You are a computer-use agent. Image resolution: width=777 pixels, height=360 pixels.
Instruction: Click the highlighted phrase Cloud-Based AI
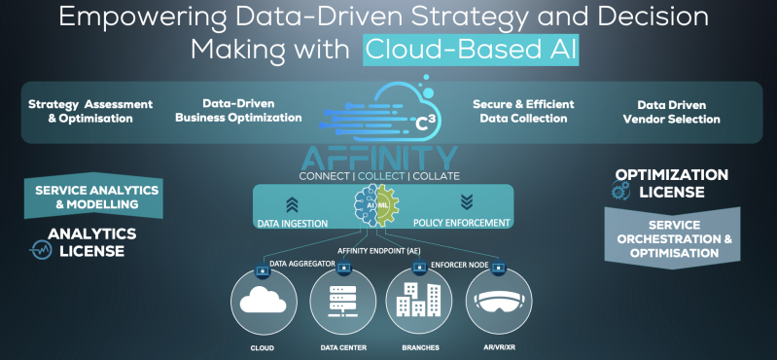click(x=472, y=50)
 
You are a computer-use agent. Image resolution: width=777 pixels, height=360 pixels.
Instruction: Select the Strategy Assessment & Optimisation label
click(x=90, y=112)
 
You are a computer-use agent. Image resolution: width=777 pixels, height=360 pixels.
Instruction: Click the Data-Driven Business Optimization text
click(x=238, y=111)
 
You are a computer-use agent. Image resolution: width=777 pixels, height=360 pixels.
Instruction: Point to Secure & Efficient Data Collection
click(x=523, y=111)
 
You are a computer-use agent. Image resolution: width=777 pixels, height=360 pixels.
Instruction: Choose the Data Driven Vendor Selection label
click(x=671, y=112)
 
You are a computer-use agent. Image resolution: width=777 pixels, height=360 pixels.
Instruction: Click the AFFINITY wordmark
click(x=379, y=158)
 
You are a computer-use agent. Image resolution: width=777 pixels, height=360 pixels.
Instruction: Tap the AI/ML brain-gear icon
click(x=376, y=204)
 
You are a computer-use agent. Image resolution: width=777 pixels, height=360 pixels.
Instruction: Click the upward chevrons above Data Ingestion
click(x=292, y=203)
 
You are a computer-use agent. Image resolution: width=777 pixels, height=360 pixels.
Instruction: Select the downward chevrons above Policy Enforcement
click(x=467, y=201)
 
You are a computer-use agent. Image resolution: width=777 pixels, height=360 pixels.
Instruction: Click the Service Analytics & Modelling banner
click(x=93, y=197)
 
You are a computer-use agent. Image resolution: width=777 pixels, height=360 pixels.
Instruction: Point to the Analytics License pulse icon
click(x=41, y=249)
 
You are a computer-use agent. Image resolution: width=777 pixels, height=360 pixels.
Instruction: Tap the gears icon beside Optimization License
click(x=620, y=190)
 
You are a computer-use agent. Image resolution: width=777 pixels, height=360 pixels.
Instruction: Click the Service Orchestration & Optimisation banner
click(x=672, y=238)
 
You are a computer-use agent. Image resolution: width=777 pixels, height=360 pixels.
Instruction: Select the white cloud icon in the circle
click(x=264, y=299)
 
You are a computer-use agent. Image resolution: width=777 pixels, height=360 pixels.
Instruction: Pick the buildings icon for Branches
click(x=419, y=300)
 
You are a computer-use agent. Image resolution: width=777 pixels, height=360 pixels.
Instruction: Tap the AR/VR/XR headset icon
click(x=499, y=301)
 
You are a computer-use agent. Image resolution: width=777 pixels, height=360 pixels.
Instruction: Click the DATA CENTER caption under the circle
click(x=342, y=347)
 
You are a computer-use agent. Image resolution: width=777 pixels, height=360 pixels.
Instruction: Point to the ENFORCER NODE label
click(x=460, y=266)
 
